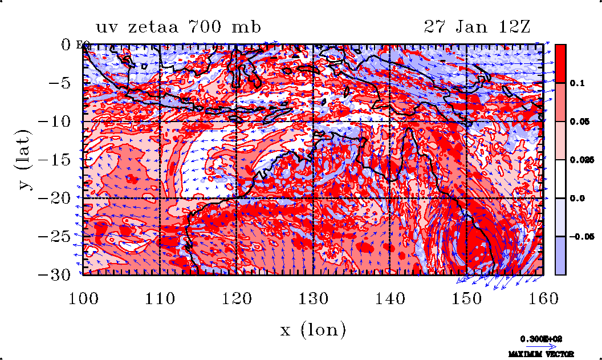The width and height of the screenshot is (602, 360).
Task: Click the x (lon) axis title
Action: point(313,329)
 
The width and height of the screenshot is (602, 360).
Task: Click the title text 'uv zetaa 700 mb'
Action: point(178,27)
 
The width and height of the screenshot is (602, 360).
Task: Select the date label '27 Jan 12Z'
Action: point(478,27)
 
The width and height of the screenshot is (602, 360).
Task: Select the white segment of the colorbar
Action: point(560,179)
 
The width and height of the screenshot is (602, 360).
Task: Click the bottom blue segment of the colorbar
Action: point(560,256)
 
